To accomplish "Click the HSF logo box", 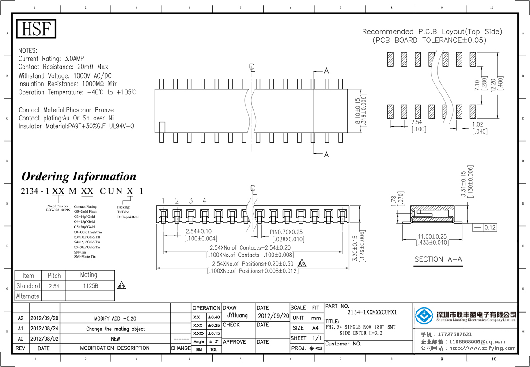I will pos(37,29).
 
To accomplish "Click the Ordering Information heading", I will pos(79,176).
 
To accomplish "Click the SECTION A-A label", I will pos(438,259).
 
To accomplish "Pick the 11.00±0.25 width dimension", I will pos(432,236).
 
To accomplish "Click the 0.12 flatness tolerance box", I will pos(490,228).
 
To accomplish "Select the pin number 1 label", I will pos(163,201).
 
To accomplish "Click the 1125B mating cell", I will pos(90,286).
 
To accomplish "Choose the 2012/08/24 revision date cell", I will pos(44,329).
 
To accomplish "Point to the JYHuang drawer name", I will pos(237,315).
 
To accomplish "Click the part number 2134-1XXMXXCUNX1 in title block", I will pos(372,312).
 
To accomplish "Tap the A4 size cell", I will pos(315,328).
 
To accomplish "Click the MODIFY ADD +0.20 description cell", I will pos(115,318).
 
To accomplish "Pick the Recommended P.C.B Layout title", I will pos(432,32).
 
